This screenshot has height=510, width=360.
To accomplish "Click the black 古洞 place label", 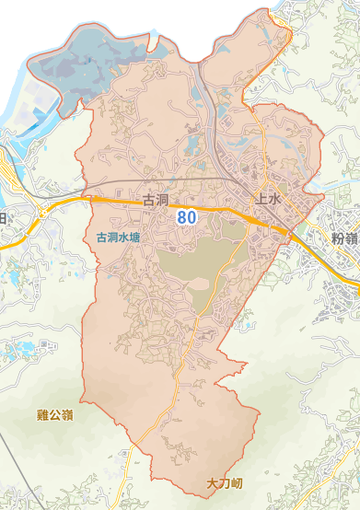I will pyautogui.click(x=154, y=199).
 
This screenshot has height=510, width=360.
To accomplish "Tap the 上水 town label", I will pyautogui.click(x=267, y=198).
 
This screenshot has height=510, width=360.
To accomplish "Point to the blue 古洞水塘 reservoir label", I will pyautogui.click(x=119, y=237).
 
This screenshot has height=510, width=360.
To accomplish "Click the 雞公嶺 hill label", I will pyautogui.click(x=55, y=415).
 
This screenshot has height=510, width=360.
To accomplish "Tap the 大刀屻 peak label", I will pyautogui.click(x=224, y=482).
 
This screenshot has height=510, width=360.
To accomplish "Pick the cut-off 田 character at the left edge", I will pyautogui.click(x=3, y=218).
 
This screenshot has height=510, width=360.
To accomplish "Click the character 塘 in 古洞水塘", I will pyautogui.click(x=135, y=237).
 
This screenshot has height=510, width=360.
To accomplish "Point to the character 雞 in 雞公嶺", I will pyautogui.click(x=42, y=415).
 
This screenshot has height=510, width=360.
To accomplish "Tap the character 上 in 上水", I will pyautogui.click(x=261, y=198).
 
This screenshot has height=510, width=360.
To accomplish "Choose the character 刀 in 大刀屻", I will pyautogui.click(x=224, y=482).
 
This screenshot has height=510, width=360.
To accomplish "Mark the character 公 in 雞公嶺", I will pyautogui.click(x=55, y=415).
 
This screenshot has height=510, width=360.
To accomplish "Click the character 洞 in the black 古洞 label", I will pyautogui.click(x=160, y=199).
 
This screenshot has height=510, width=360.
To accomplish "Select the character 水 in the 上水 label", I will pyautogui.click(x=273, y=198).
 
